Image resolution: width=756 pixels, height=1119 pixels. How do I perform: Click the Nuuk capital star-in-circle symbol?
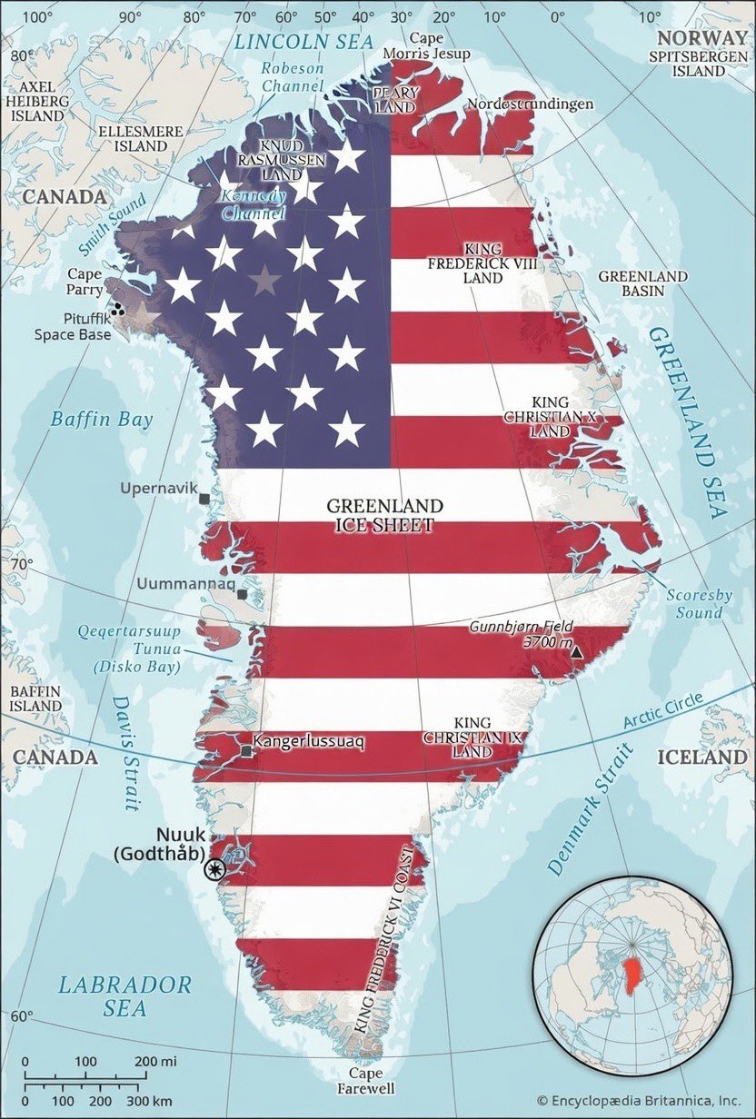coord(215,869)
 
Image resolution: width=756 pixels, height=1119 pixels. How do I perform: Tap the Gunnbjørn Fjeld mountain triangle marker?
coord(574,650)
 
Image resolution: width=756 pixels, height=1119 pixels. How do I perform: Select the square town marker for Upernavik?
coord(204,499)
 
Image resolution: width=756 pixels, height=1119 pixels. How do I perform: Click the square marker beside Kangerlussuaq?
coord(246,751)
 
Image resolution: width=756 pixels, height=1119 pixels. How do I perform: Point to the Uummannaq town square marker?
coord(242,594)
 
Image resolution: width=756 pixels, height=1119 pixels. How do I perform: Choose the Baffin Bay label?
coord(102,419)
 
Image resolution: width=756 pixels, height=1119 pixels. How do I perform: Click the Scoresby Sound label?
coord(699,604)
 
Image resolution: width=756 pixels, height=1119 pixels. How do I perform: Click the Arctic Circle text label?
coord(677,711)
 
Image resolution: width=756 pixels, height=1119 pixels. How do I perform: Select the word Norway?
coord(701,37)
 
